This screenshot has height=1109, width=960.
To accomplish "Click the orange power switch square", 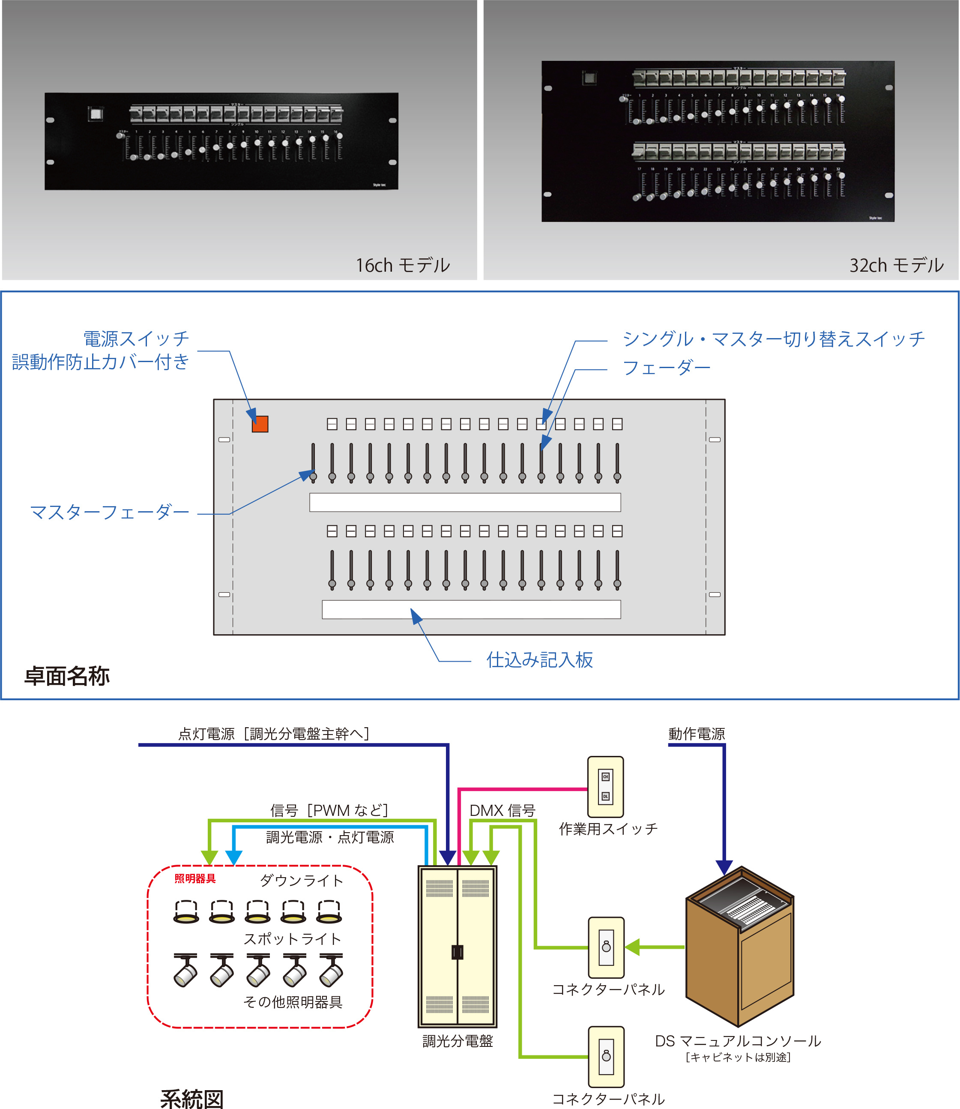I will pos(260,424).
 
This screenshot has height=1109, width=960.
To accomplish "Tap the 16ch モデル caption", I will pos(403,265).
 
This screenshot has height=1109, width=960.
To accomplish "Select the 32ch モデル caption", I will pos(896,265).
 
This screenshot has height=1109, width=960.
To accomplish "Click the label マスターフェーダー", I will pos(109,512).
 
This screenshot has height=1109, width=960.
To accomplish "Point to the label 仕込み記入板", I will pos(539,660).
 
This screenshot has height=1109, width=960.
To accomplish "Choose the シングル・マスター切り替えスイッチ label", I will pos(773,339).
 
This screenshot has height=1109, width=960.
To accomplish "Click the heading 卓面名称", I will pos(67,676).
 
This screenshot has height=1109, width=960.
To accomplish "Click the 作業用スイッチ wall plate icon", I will pos(605,786).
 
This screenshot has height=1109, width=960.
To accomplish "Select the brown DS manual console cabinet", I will pos(739,946).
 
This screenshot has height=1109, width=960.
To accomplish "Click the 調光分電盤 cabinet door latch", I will pos(457,952).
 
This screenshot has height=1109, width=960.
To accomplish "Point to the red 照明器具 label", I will pos(195,878).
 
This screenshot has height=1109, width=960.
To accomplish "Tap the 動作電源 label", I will pos(697,734).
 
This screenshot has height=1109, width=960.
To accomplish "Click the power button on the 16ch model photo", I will pos(96,114).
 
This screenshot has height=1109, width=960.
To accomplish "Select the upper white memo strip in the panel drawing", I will pos(465,502).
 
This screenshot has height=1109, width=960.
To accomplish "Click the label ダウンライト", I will pos(301,881).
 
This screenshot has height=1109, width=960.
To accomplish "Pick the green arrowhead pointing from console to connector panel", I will pos(633,947).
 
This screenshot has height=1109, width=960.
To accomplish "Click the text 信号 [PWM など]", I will pos(329,810).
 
